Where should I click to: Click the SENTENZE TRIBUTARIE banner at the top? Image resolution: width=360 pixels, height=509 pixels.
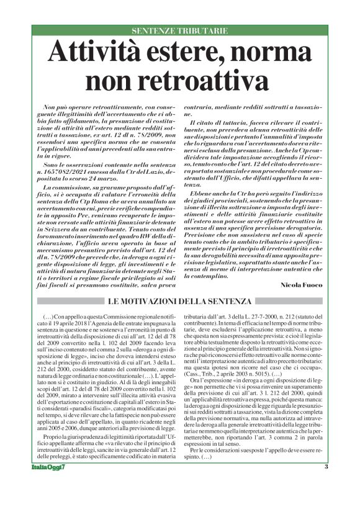tap(179, 30)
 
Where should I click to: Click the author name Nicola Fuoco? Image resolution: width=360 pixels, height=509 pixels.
tap(300, 285)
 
